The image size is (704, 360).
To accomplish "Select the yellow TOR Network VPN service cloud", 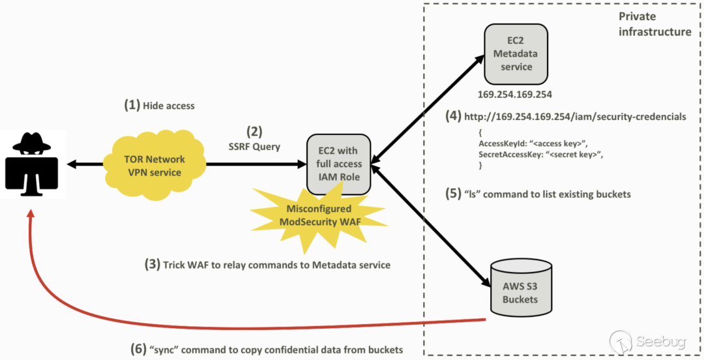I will click(x=154, y=165).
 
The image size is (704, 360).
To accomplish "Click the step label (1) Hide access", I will click(x=159, y=105).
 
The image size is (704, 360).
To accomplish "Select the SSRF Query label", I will click(x=254, y=147).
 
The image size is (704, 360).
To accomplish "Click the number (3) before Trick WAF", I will click(x=152, y=265).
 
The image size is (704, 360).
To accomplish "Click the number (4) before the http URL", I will click(x=454, y=117).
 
